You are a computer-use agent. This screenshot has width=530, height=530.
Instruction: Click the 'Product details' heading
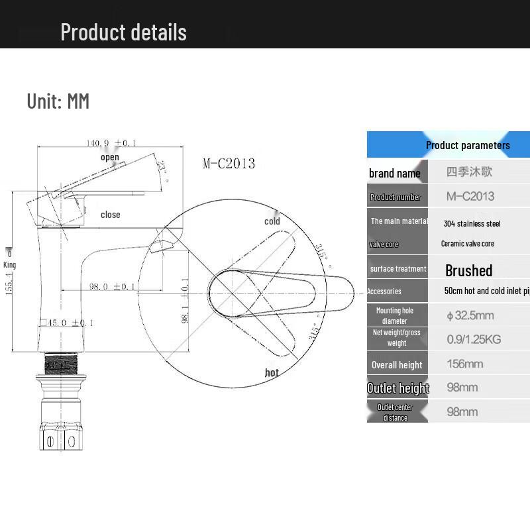(123, 32)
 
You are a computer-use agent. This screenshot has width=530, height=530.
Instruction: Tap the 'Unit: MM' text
(58, 101)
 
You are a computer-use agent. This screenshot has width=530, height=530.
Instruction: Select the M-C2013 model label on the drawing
(229, 164)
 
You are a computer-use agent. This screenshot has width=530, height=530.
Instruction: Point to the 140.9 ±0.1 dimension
(111, 143)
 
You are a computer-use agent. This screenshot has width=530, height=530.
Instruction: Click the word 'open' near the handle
(110, 157)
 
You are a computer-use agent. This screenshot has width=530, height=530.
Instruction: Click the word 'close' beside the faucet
(111, 215)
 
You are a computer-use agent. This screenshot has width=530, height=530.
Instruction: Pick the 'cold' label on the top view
(272, 221)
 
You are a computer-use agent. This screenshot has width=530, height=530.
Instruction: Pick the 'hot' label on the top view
(272, 373)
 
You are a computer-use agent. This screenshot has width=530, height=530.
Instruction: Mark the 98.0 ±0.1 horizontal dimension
(113, 286)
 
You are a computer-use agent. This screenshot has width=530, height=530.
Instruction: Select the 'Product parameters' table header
(468, 145)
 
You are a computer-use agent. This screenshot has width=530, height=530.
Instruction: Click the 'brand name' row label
(395, 173)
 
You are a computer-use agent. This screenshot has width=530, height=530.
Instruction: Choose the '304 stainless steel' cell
(472, 223)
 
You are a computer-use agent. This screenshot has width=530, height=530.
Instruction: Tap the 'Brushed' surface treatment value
(469, 270)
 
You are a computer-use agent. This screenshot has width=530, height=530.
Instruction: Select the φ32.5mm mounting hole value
(470, 315)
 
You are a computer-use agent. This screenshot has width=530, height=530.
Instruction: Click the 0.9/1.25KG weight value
(474, 339)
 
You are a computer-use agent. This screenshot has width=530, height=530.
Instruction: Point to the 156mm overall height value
(464, 364)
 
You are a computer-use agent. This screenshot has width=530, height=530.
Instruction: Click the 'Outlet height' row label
(398, 388)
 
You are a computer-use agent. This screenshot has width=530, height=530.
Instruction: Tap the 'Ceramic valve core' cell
(468, 244)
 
